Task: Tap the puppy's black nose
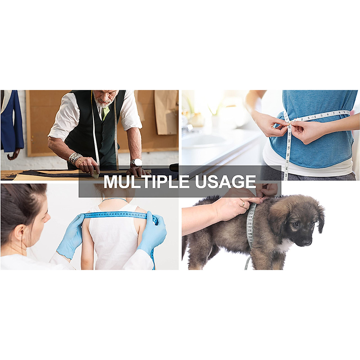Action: click(307, 242)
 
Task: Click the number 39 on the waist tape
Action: click(286, 175)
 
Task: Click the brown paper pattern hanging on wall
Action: click(165, 111)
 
